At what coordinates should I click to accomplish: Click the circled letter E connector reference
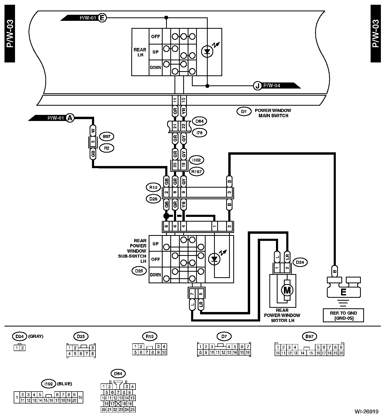tap(102, 18)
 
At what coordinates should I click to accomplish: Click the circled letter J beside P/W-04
tap(257, 86)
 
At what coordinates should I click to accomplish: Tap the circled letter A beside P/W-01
tap(70, 118)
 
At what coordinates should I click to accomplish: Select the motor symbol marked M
tap(287, 290)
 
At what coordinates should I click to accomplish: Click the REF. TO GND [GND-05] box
tap(343, 315)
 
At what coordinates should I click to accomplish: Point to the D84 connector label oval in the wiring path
tap(200, 121)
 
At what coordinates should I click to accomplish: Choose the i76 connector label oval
tap(200, 133)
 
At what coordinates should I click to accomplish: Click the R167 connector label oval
tap(196, 172)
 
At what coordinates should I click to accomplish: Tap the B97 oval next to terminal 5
tap(106, 137)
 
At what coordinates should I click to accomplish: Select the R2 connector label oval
tap(106, 148)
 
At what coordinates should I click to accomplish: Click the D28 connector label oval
tap(153, 199)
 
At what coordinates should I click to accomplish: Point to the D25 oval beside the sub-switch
tap(139, 271)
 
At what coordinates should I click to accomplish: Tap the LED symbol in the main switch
tap(207, 51)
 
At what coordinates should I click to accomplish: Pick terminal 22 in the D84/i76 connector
tap(184, 126)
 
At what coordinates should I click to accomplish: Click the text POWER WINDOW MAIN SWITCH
tap(273, 113)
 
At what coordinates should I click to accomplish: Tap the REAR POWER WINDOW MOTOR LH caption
tap(282, 315)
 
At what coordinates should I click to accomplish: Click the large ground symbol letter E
tap(343, 292)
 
